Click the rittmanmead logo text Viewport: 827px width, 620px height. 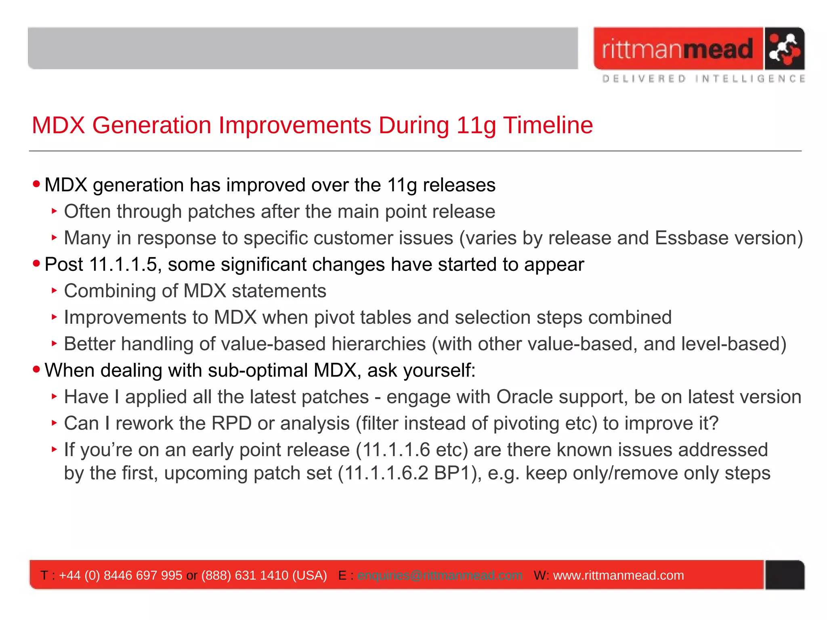[677, 49]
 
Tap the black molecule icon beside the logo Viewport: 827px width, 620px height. [784, 49]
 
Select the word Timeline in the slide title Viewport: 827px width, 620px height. [548, 125]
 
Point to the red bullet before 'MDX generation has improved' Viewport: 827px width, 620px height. [37, 184]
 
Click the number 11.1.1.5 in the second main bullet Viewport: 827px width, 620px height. [123, 265]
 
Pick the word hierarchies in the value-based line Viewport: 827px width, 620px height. [378, 344]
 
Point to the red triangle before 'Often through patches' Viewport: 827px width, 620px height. [54, 211]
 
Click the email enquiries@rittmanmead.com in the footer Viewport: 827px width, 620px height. [439, 575]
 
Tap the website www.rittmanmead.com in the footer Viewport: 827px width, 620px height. [618, 575]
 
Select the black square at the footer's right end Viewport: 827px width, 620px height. [785, 575]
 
